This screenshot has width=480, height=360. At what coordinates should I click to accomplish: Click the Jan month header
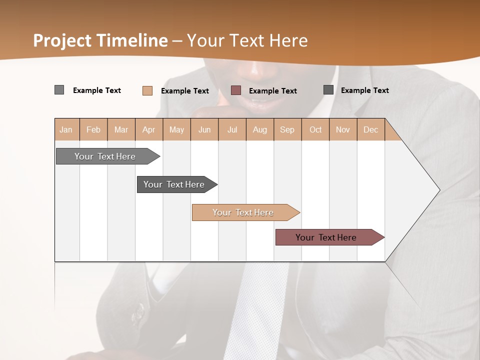pyautogui.click(x=66, y=129)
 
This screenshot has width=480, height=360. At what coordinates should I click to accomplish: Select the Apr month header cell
pyautogui.click(x=149, y=129)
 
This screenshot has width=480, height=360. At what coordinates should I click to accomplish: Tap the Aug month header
pyautogui.click(x=260, y=129)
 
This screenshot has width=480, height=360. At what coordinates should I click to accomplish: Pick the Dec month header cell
pyautogui.click(x=371, y=129)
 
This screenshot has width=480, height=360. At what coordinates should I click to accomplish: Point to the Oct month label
pyautogui.click(x=315, y=129)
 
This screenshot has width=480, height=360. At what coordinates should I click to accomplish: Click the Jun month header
pyautogui.click(x=204, y=129)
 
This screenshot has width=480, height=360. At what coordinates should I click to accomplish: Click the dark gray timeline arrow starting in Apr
pyautogui.click(x=175, y=184)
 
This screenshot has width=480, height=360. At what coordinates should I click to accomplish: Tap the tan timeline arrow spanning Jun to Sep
pyautogui.click(x=244, y=212)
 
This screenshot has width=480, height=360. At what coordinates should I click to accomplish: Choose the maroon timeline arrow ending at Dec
pyautogui.click(x=327, y=237)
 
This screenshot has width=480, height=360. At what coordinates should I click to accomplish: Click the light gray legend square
pyautogui.click(x=59, y=90)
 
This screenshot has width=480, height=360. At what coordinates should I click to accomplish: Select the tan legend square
pyautogui.click(x=147, y=90)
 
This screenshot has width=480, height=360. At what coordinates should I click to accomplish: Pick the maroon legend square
pyautogui.click(x=236, y=90)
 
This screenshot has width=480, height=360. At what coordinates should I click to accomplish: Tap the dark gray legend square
pyautogui.click(x=328, y=90)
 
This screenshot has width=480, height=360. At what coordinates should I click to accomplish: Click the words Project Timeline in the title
pyautogui.click(x=100, y=40)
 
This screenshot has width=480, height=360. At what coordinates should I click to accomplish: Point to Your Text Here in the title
pyautogui.click(x=247, y=40)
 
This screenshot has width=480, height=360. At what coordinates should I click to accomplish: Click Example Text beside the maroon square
pyautogui.click(x=272, y=90)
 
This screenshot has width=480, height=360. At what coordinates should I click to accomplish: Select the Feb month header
pyautogui.click(x=93, y=129)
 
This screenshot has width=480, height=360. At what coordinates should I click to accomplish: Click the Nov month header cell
pyautogui.click(x=343, y=129)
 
